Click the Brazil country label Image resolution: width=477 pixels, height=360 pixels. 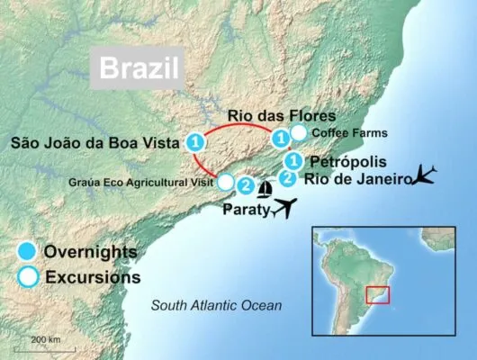pyautogui.click(x=138, y=69)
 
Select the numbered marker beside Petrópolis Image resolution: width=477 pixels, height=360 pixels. pyautogui.click(x=292, y=161)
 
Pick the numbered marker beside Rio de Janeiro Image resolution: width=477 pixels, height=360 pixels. pyautogui.click(x=287, y=177)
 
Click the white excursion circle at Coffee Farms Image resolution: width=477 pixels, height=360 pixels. pyautogui.click(x=299, y=134)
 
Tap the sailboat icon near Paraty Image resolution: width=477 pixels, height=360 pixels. pyautogui.click(x=265, y=189)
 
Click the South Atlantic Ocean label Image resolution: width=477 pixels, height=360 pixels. pyautogui.click(x=216, y=306)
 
